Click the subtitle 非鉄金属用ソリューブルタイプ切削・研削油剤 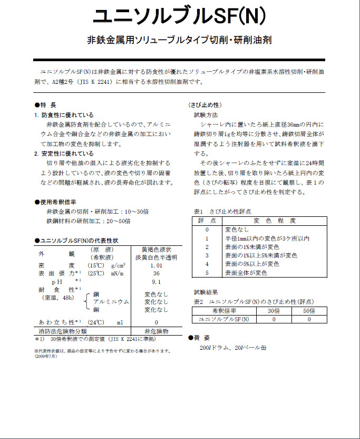(x=179, y=41)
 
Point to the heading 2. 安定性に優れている (x=64, y=154)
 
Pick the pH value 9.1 (x=156, y=282)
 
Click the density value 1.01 (x=156, y=265)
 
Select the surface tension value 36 (x=156, y=274)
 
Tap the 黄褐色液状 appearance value (x=156, y=250)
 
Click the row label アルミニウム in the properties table (x=111, y=301)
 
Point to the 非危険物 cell (x=156, y=331)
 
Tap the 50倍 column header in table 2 (x=309, y=311)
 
